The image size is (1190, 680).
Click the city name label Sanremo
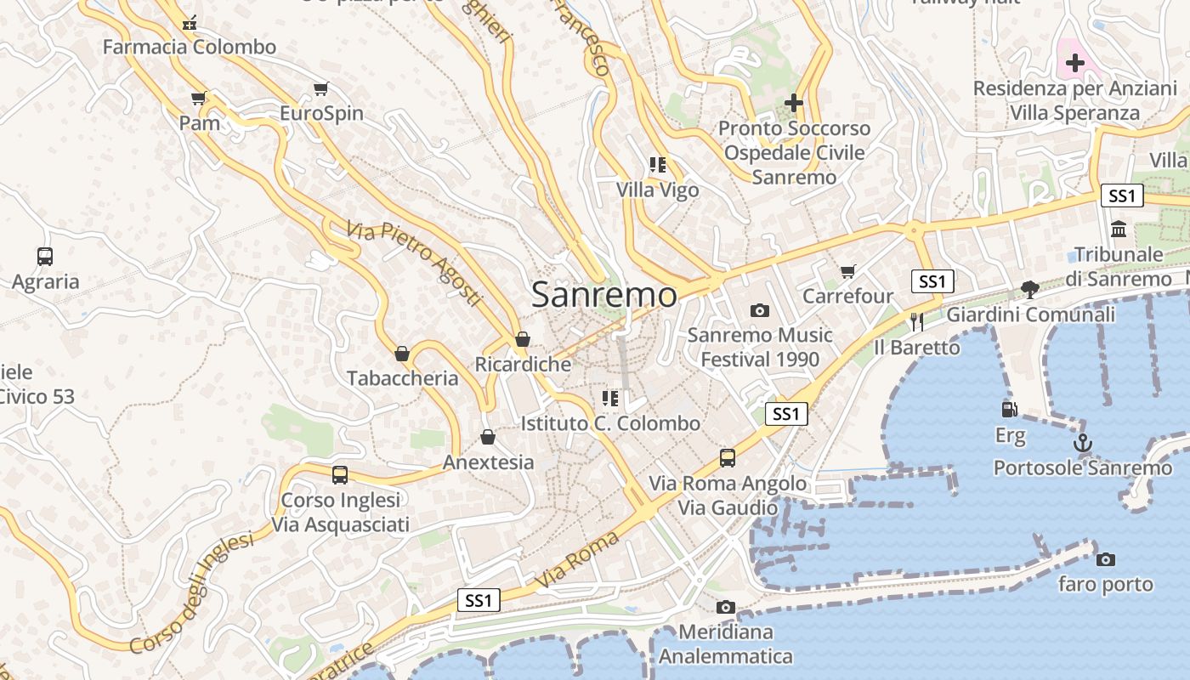604,295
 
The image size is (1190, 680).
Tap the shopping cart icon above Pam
199,98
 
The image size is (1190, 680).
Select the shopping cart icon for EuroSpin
320,88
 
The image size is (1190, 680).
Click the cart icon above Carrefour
847,271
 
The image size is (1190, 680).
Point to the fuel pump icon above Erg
1010,410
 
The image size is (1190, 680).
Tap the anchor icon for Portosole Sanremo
1082,442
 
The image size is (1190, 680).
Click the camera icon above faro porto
1105,558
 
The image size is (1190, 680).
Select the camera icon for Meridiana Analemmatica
725,606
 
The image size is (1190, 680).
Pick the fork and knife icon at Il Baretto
916,321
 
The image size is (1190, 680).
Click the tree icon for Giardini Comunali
1030,289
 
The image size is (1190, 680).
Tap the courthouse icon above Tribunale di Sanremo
1119,229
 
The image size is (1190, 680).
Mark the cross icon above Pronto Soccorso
794,103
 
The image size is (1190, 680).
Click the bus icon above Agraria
45,256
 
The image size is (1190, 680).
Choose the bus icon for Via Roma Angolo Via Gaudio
728,457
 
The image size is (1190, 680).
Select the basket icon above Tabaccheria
402,353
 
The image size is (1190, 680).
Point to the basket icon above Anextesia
488,437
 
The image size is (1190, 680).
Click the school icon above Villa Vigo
657,164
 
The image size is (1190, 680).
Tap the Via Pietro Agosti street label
414,263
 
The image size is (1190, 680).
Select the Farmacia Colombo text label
190,47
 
